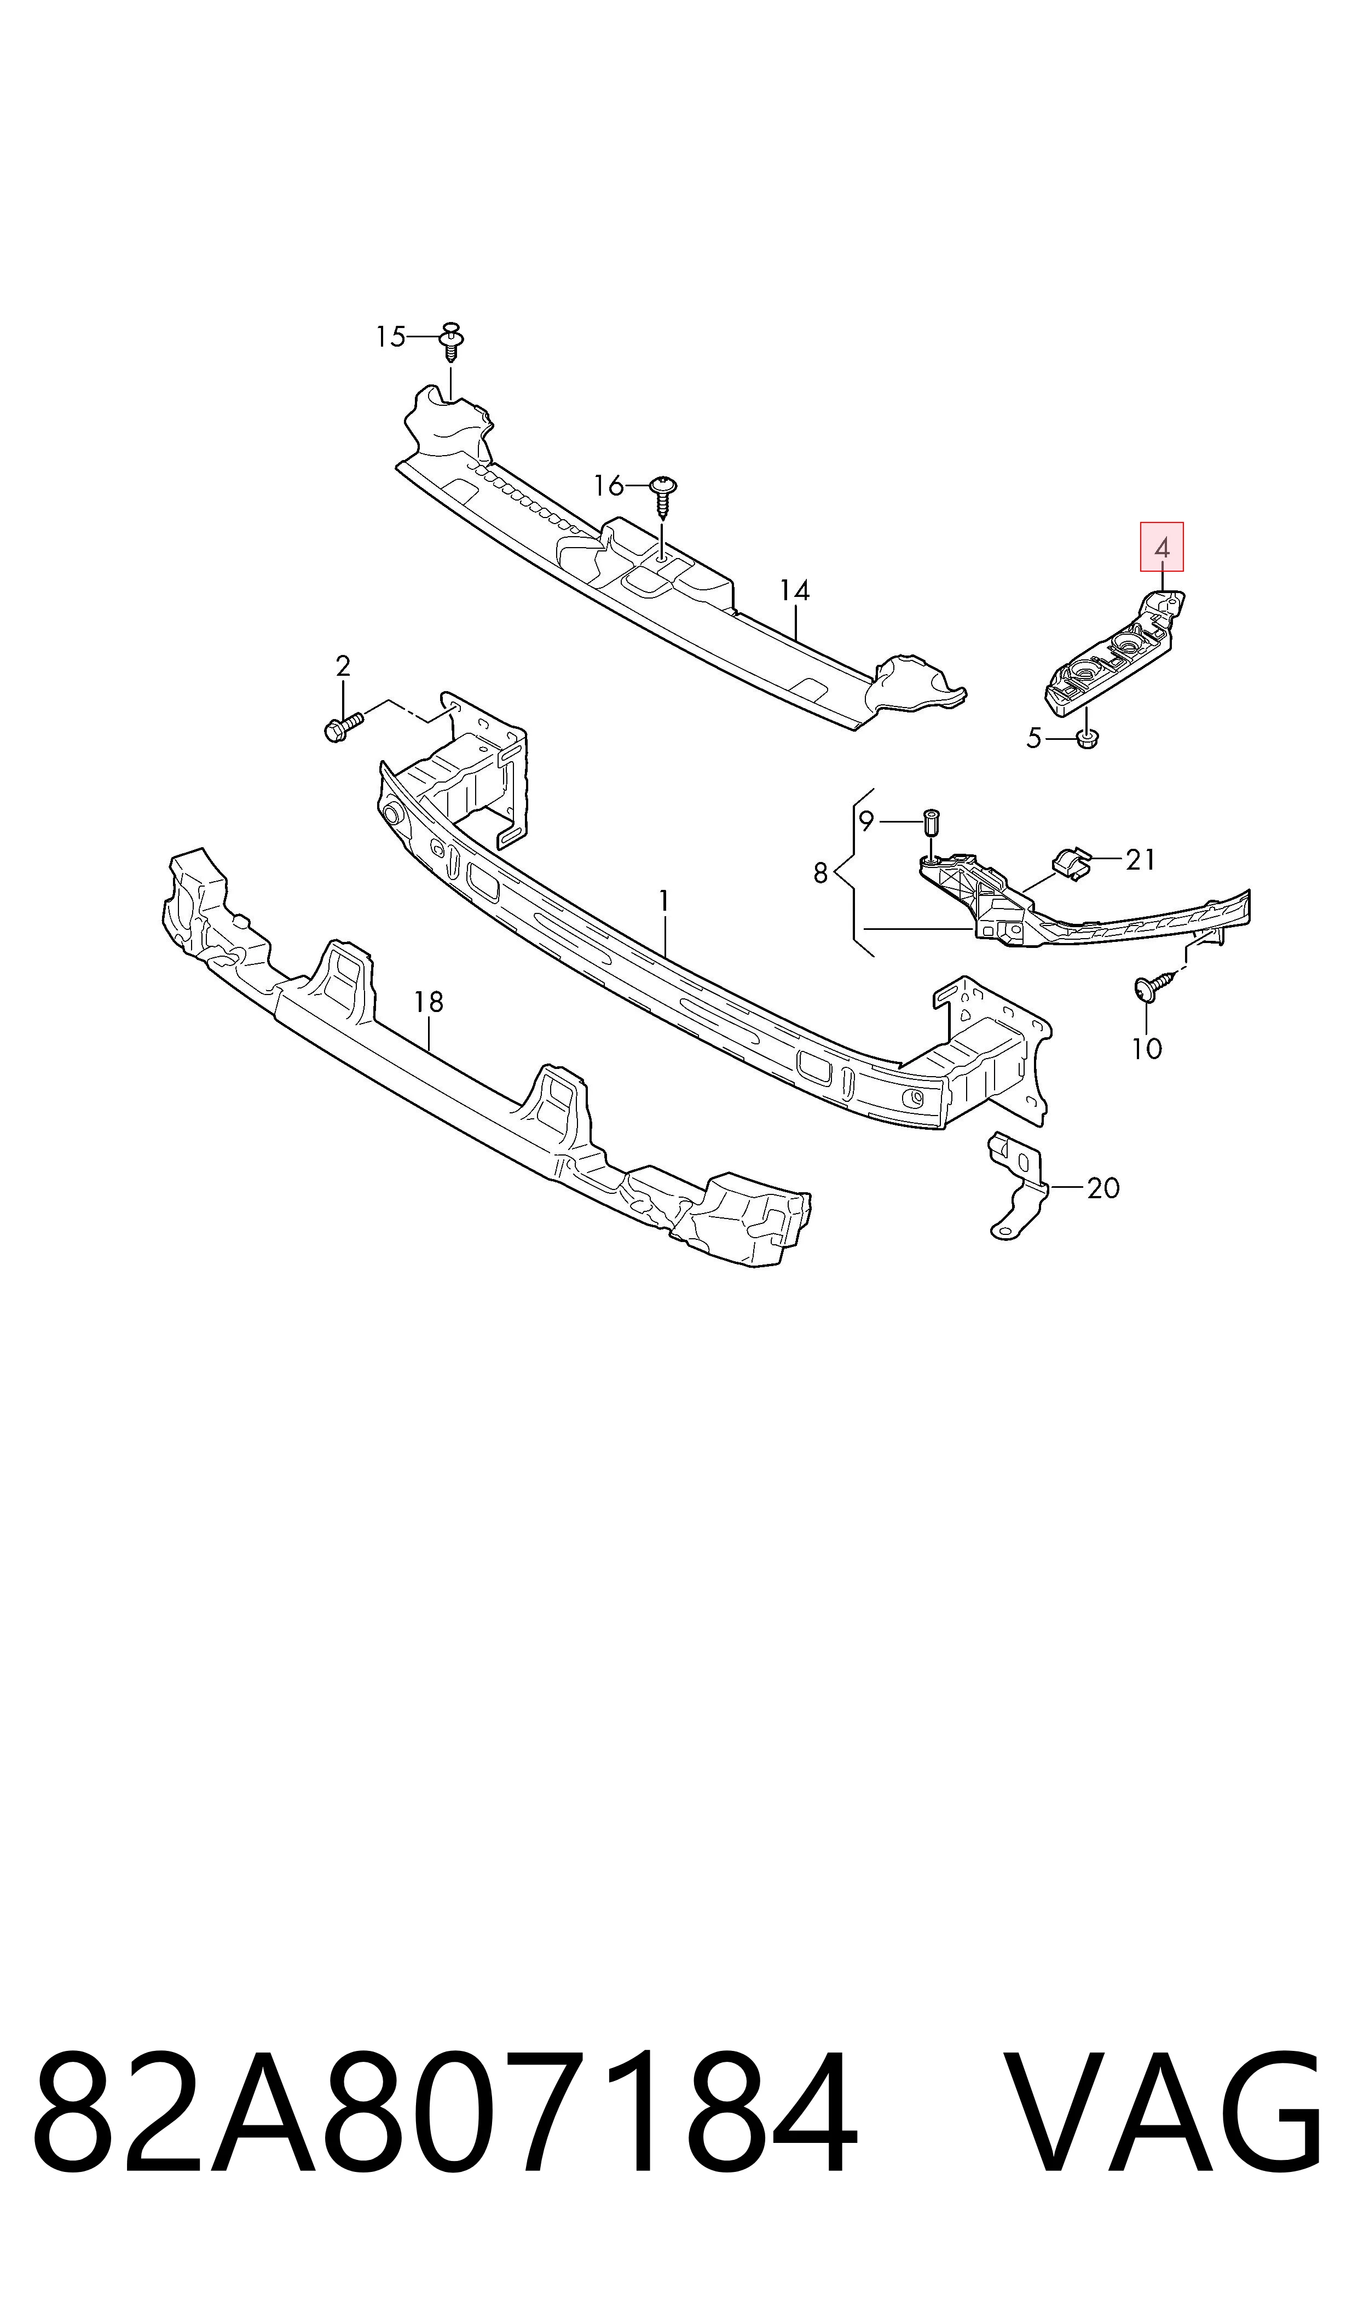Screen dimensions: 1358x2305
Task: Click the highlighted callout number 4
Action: [x=1161, y=548]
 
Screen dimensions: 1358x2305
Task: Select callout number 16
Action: [x=609, y=485]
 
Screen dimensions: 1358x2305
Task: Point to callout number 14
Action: [x=794, y=591]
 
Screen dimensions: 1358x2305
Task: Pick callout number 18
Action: [x=428, y=1002]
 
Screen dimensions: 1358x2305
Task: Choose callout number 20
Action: [x=1103, y=1188]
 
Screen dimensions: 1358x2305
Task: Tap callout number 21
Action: [x=1140, y=860]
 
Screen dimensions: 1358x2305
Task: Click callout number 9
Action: [x=866, y=821]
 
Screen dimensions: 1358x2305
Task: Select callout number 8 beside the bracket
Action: [x=821, y=873]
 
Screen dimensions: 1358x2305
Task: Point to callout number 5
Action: [x=1034, y=738]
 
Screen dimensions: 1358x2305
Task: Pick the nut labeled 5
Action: [x=1087, y=737]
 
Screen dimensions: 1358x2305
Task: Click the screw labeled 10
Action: [x=1155, y=986]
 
